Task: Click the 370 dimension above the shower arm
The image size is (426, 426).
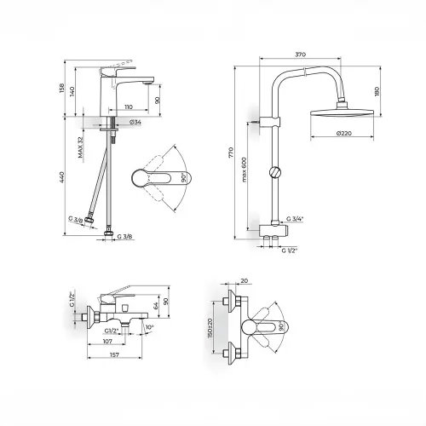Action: [x=300, y=54]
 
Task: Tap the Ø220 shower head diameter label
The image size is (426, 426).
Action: [x=343, y=133]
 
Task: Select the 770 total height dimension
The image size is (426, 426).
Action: [x=231, y=153]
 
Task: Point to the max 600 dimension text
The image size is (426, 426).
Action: [x=245, y=170]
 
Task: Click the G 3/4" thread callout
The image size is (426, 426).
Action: [x=295, y=219]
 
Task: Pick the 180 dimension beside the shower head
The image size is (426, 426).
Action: [x=377, y=91]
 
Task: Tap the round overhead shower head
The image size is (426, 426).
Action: [x=343, y=112]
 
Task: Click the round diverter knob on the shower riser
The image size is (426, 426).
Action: [x=275, y=172]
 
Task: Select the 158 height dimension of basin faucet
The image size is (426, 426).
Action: [x=62, y=89]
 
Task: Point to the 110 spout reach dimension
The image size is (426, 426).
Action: [x=129, y=107]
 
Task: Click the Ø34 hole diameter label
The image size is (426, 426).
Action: [x=135, y=122]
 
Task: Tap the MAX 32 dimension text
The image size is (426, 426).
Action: [x=81, y=147]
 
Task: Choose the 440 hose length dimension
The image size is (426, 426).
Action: [x=62, y=176]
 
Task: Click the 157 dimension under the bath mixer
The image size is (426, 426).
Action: [x=114, y=354]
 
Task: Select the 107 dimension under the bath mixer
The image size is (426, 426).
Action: [x=107, y=342]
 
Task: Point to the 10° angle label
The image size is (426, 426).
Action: [x=149, y=327]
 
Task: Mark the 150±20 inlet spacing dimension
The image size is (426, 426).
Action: [x=210, y=327]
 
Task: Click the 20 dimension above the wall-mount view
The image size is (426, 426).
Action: [x=245, y=281]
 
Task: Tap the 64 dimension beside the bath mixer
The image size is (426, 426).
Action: [x=155, y=306]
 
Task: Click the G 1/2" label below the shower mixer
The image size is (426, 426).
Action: [x=290, y=250]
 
